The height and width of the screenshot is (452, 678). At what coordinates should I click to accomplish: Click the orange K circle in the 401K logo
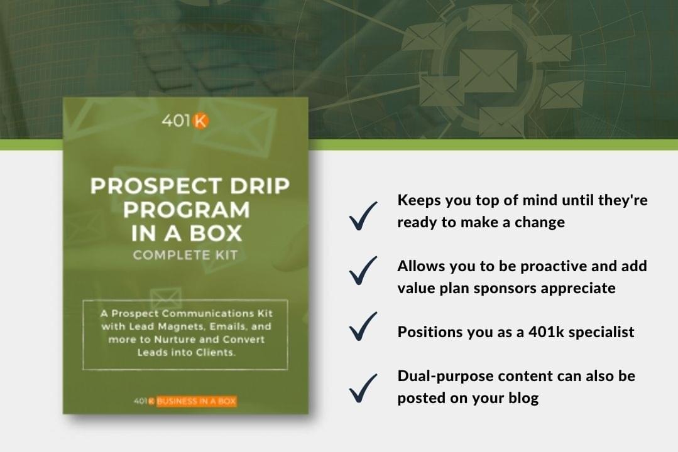pos(200,121)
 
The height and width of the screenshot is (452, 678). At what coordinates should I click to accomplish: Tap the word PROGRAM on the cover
pos(187,210)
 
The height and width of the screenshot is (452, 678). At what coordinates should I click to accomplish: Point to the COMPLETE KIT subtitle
pos(185,255)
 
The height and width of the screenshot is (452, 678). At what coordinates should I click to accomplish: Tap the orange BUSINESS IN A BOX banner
pos(196,401)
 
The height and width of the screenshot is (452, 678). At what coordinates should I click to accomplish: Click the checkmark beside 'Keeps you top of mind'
pos(363,215)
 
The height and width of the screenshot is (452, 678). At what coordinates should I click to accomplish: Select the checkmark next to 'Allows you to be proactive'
pos(363,271)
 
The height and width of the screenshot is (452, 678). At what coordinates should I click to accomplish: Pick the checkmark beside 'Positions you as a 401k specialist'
pos(363,326)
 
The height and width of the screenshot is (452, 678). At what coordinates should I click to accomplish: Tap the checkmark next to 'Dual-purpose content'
pos(363,389)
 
